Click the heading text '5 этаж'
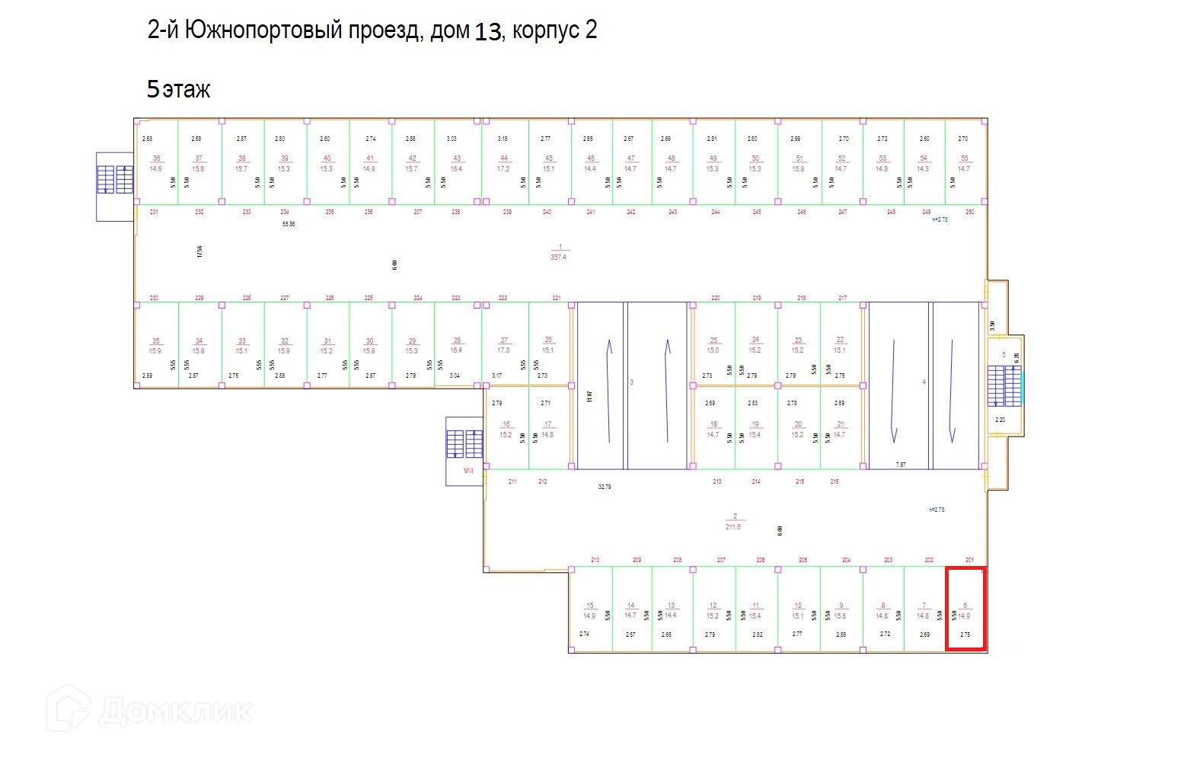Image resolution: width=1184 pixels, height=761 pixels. (178, 90)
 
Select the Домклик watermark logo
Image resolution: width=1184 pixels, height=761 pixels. (149, 710)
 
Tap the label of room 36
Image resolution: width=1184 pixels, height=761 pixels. (156, 163)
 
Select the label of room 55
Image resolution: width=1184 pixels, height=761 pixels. (964, 163)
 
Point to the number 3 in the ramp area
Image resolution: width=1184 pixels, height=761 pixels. (631, 382)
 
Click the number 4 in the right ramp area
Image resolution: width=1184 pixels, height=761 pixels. (924, 382)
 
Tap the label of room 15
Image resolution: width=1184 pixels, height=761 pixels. (589, 610)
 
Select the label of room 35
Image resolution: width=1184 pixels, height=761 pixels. (155, 346)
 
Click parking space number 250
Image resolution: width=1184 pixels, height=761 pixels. (969, 212)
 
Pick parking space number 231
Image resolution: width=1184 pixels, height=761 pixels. (154, 212)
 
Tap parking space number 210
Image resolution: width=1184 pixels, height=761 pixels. (595, 560)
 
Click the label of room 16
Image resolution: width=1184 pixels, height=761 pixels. (506, 430)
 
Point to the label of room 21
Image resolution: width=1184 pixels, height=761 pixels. (840, 429)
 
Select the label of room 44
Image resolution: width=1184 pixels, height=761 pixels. (503, 163)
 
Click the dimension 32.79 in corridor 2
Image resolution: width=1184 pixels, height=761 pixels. (605, 486)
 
